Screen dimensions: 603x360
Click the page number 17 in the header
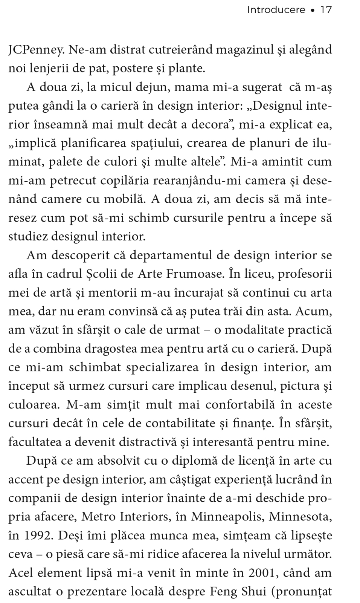[326, 10]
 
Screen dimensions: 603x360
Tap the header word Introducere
[276, 10]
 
